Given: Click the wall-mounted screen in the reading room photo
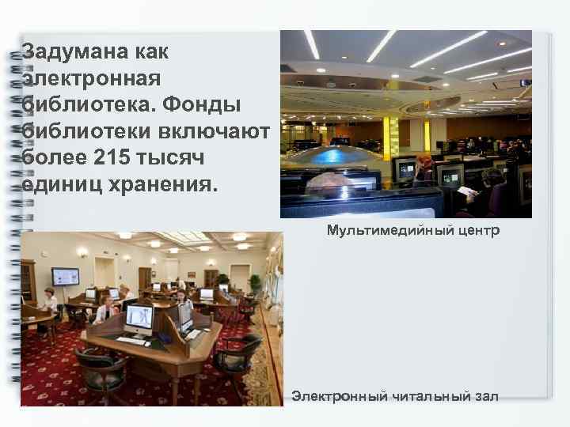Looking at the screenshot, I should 65,277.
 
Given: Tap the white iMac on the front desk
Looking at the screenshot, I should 139,318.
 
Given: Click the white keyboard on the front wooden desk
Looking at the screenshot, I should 133,342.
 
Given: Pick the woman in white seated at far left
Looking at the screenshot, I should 49,301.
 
